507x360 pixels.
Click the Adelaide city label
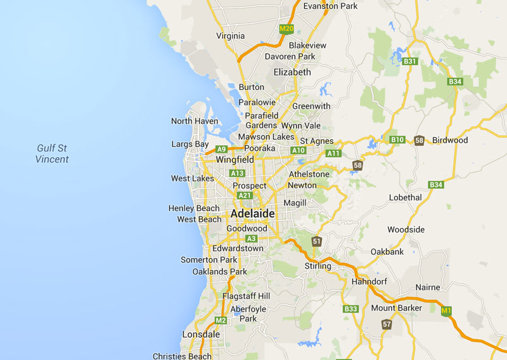(253, 214)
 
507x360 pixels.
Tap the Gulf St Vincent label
(52, 154)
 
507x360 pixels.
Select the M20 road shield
(286, 29)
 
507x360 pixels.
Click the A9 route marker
(221, 150)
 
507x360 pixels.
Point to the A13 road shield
(238, 173)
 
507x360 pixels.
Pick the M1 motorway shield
(446, 311)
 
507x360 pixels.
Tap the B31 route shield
(410, 61)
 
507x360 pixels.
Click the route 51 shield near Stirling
(317, 241)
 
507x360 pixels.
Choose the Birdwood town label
(450, 140)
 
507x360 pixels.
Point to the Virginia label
(230, 36)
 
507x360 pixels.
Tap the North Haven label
(195, 121)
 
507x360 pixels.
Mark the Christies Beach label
(182, 356)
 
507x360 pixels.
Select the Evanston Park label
(331, 6)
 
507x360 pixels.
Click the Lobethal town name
(405, 198)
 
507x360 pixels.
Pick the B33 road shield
(350, 309)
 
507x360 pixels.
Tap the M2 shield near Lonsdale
(221, 320)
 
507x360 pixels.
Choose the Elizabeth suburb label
(292, 72)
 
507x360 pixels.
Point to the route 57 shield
(387, 325)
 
